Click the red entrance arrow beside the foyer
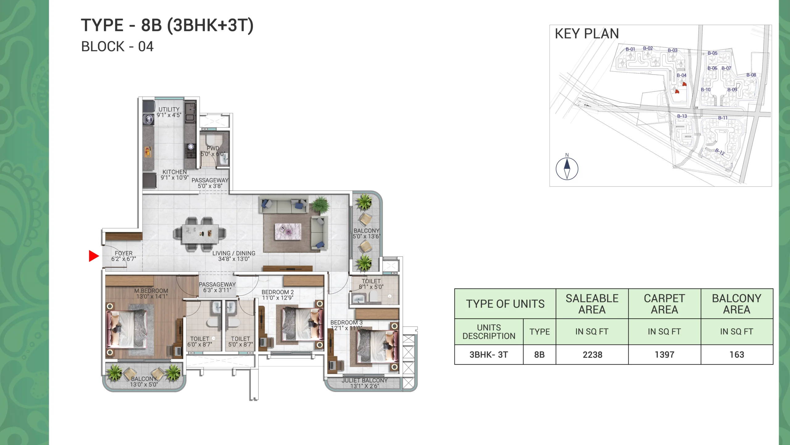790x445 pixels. pyautogui.click(x=94, y=256)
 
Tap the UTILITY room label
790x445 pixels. pyautogui.click(x=169, y=109)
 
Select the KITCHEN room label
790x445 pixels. pyautogui.click(x=175, y=172)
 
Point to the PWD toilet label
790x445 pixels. pyautogui.click(x=213, y=148)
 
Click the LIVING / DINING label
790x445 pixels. pyautogui.click(x=234, y=253)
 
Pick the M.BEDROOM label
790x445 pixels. pyautogui.click(x=151, y=291)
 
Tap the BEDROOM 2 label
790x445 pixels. pyautogui.click(x=278, y=292)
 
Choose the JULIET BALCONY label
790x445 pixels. pyautogui.click(x=364, y=380)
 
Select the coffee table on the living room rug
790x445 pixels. pyautogui.click(x=288, y=231)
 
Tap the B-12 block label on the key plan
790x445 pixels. pyautogui.click(x=720, y=152)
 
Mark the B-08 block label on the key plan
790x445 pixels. pyautogui.click(x=751, y=75)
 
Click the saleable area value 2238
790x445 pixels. pyautogui.click(x=592, y=354)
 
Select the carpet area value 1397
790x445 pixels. pyautogui.click(x=664, y=354)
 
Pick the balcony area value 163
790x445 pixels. pyautogui.click(x=737, y=354)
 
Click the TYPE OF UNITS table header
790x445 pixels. pyautogui.click(x=505, y=304)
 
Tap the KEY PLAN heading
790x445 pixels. pyautogui.click(x=587, y=34)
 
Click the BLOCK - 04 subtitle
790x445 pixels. pyautogui.click(x=117, y=47)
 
